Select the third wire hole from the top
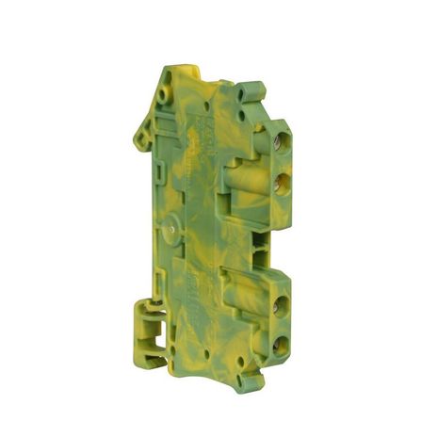click(x=279, y=303)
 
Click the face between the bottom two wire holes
click(x=279, y=324)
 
